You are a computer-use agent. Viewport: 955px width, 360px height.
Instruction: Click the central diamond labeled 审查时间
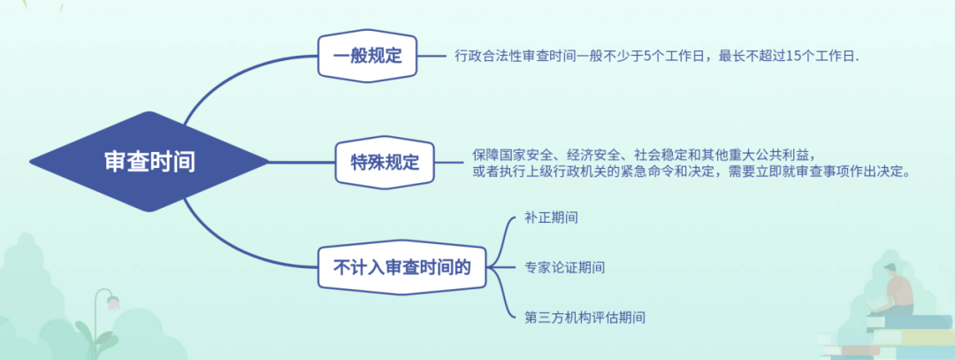coord(149,162)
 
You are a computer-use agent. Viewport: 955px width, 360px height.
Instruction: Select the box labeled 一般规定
coord(367,56)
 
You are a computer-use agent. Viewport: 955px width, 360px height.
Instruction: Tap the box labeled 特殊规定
coord(385,162)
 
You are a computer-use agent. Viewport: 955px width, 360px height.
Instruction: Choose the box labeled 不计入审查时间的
coord(402,267)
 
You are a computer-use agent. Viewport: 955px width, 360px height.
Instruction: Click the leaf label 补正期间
coord(551,218)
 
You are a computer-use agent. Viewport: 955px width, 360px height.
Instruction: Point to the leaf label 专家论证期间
coord(564,267)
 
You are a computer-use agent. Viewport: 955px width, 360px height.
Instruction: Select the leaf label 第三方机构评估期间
coord(584,318)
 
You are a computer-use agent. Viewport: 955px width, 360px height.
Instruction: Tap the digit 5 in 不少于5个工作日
coord(647,56)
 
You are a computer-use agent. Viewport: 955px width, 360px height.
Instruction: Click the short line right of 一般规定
coord(432,56)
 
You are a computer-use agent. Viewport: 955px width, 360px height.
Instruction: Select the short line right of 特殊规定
coord(449,162)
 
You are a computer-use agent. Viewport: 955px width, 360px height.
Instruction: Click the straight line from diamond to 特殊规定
coord(302,162)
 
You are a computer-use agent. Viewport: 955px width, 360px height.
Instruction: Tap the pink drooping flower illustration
coord(113,303)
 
